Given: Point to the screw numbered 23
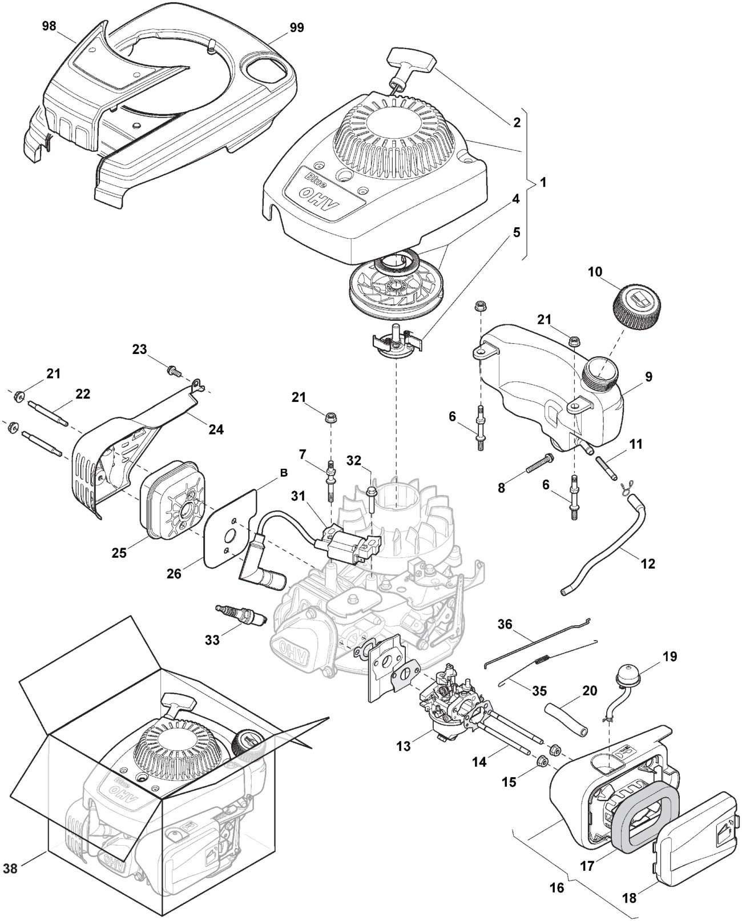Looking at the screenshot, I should [x=172, y=371].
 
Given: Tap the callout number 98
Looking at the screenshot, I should [x=49, y=26].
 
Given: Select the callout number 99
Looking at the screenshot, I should [x=296, y=27].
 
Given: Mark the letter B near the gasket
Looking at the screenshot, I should [x=284, y=473].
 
